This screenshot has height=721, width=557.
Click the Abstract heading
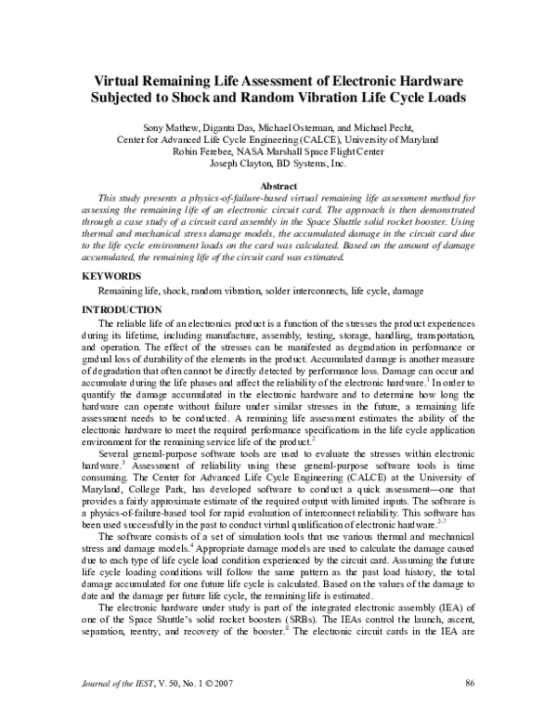click(x=278, y=185)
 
